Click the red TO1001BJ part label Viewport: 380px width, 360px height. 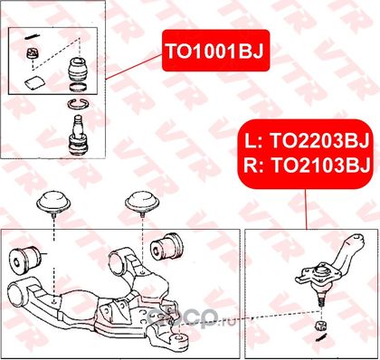(215, 51)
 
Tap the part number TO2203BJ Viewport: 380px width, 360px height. (319, 141)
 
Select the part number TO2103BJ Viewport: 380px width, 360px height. (321, 166)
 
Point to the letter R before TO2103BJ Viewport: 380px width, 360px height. (251, 166)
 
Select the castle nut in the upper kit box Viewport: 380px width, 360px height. (31, 53)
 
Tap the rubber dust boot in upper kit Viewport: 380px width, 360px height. (77, 70)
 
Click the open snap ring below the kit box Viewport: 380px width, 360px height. (78, 104)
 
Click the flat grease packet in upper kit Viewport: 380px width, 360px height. (34, 82)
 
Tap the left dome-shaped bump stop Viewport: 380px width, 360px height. (53, 203)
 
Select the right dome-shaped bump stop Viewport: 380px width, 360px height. (143, 203)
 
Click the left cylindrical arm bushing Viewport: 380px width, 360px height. (24, 260)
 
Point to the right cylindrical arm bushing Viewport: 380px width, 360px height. (166, 247)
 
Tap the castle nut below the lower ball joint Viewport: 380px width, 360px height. (320, 326)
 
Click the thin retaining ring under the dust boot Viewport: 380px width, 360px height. (78, 88)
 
